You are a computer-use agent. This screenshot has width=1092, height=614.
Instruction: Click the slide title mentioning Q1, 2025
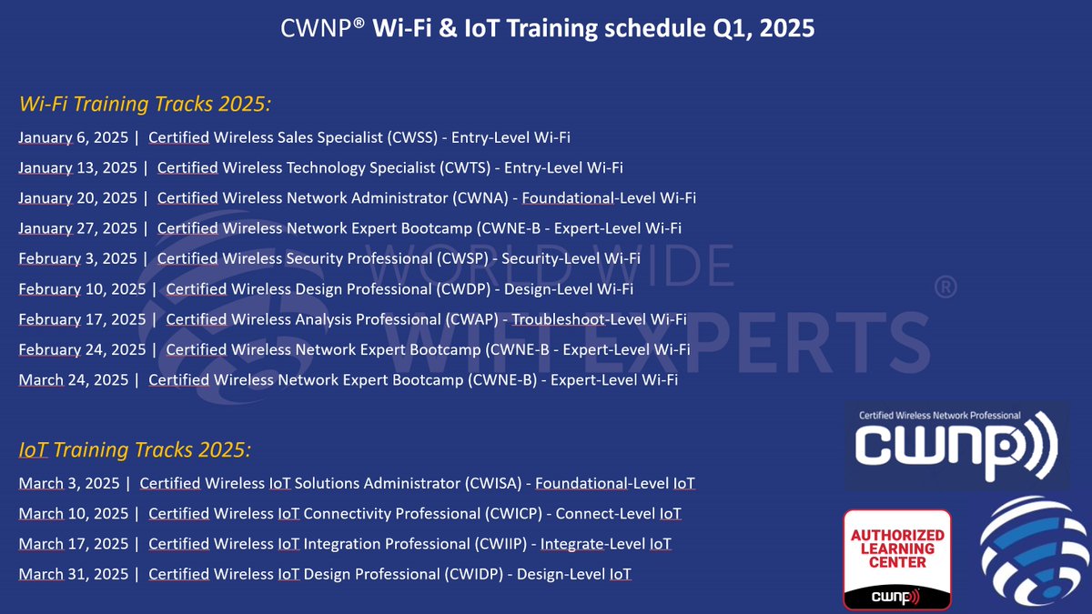546,29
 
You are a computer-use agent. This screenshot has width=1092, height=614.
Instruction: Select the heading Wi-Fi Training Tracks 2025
145,104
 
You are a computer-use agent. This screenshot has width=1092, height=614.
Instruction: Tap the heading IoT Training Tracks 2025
135,449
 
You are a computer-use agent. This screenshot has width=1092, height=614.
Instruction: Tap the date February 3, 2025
77,258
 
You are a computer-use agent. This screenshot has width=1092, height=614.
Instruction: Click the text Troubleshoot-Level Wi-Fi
599,319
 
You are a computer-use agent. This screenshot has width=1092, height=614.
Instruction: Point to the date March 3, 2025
69,483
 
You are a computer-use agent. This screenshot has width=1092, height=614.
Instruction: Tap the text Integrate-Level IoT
606,544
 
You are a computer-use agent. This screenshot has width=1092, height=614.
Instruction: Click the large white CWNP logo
955,446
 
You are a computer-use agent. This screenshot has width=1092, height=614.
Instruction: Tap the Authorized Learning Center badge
897,559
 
